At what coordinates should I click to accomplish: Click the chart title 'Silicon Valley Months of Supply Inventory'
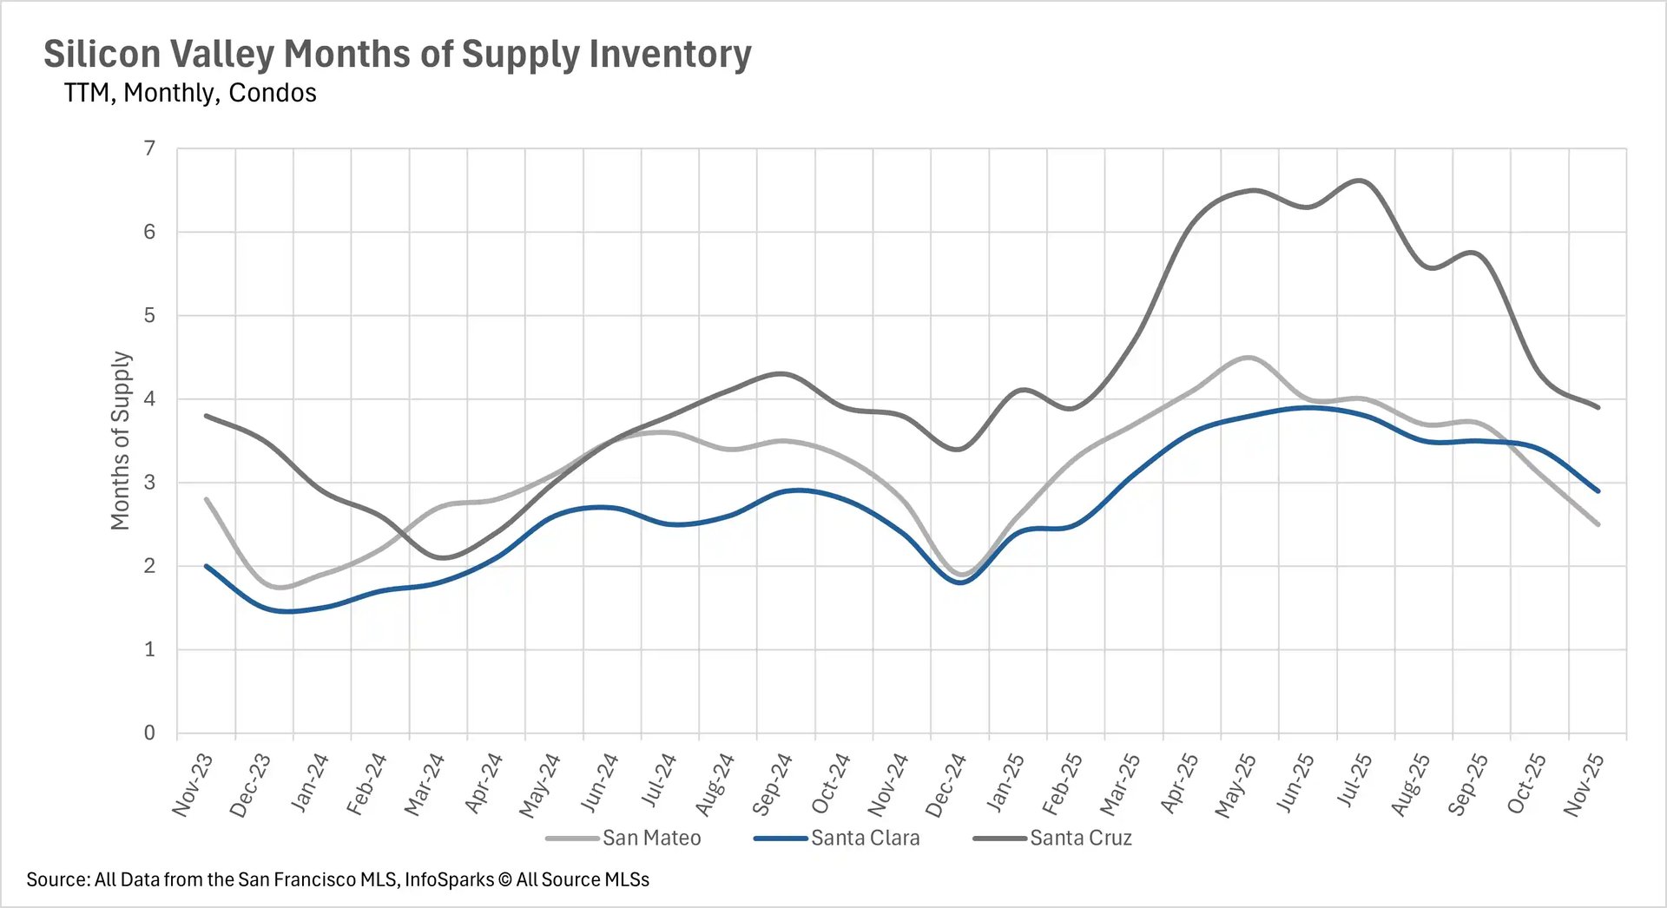[x=398, y=54]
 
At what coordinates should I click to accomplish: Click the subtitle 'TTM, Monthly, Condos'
[x=190, y=93]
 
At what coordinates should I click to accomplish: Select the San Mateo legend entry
[x=650, y=838]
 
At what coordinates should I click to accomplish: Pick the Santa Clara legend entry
[x=865, y=838]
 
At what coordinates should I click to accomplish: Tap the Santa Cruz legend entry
[x=1080, y=838]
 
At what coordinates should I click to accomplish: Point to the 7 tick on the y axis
[x=150, y=148]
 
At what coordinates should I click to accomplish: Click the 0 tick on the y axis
[x=150, y=733]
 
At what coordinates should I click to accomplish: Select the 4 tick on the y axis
[x=150, y=399]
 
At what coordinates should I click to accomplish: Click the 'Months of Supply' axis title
[x=121, y=440]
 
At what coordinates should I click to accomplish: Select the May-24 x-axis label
[x=540, y=785]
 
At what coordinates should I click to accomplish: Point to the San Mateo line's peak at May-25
[x=1249, y=357]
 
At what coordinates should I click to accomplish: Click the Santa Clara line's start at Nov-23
[x=207, y=566]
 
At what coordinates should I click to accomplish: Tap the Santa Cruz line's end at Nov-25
[x=1598, y=407]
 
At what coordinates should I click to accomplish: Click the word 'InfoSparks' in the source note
[x=449, y=879]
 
